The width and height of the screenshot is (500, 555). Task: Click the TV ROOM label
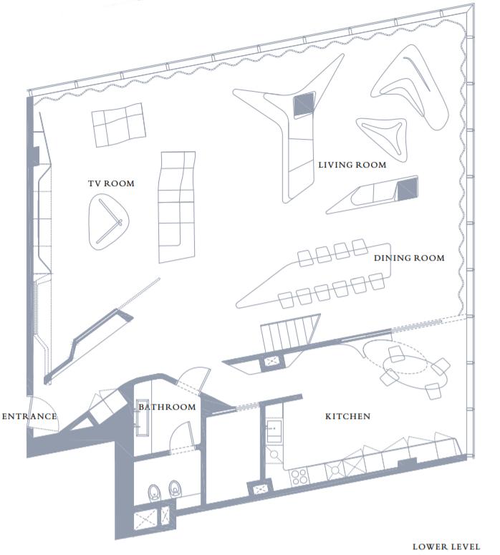coord(111,183)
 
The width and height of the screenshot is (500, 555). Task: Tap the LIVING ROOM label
coord(352,165)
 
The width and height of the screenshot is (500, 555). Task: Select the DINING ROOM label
coord(409,258)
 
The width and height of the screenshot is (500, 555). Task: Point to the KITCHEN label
coord(347,416)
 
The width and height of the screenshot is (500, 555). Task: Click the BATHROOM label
coord(167,407)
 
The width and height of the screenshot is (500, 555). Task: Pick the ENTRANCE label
coord(29,416)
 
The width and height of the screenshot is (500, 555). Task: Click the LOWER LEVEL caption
coord(446,546)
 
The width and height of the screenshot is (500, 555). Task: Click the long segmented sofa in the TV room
coord(176,204)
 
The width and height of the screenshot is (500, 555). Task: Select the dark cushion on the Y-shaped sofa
coord(304,104)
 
